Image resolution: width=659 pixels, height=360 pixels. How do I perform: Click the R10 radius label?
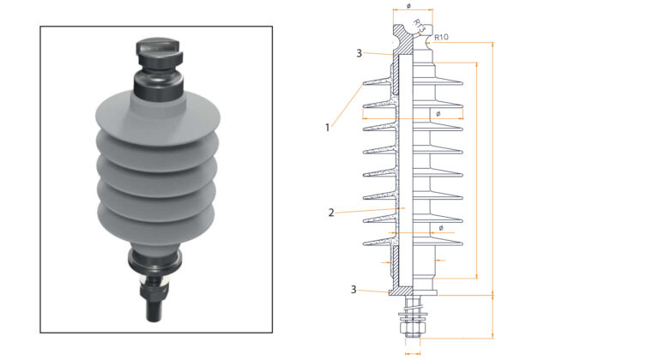[443, 37]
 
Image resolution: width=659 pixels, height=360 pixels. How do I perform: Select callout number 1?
[327, 127]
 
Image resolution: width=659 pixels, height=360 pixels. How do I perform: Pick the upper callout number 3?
[359, 53]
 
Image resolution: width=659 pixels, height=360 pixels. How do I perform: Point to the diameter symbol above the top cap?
[408, 6]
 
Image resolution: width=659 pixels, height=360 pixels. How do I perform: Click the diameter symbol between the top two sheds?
[438, 112]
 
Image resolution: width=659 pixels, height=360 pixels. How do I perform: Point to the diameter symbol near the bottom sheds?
[440, 228]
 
